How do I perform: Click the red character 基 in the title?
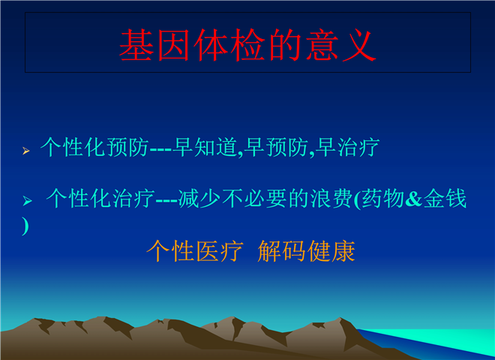(x=136, y=45)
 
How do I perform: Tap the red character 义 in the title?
(x=359, y=45)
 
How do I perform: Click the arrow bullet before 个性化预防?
(x=26, y=151)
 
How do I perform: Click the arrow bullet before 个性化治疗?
(x=28, y=200)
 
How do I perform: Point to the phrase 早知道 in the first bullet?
(x=205, y=147)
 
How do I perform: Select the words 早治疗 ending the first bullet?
(x=347, y=147)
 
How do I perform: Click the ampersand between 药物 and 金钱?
(x=413, y=199)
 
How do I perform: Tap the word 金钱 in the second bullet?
(x=445, y=198)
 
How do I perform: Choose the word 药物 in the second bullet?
(x=383, y=198)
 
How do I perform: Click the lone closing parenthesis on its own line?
(x=25, y=226)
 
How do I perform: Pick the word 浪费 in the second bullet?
(x=331, y=198)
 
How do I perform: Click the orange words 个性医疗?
(x=195, y=251)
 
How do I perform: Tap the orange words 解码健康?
(x=306, y=251)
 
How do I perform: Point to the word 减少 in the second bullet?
(x=199, y=198)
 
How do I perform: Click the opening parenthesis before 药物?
(x=357, y=199)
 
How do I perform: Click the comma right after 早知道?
(x=241, y=154)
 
